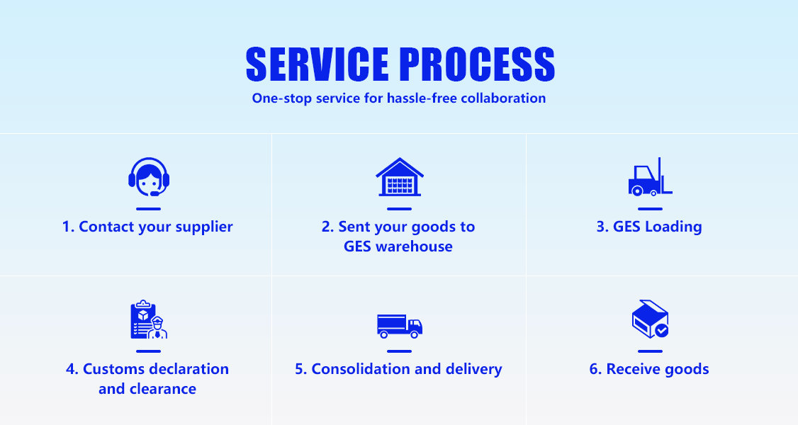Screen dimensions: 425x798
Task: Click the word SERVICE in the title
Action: coord(317,65)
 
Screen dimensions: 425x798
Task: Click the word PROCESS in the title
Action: coord(477,65)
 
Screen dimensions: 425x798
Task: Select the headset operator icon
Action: coord(149,176)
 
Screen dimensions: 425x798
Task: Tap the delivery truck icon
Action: coord(400,325)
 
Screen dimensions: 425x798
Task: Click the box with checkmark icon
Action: coord(650,319)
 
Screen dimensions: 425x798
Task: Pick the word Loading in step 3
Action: coord(673,227)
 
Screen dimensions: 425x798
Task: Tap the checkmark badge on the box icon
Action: coord(661,330)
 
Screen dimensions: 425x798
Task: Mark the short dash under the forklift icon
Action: coord(650,209)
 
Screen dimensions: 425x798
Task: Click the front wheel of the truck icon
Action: coord(414,334)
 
